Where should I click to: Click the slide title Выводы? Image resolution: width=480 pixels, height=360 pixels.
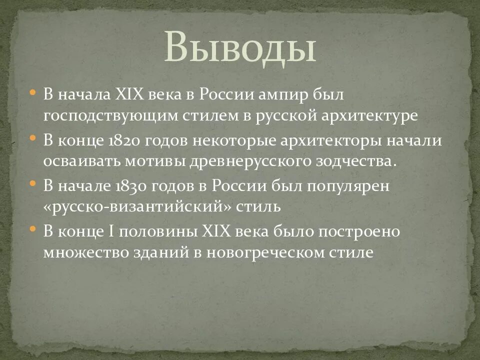click(x=239, y=46)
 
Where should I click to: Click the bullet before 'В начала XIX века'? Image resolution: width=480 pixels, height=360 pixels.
click(x=33, y=93)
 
